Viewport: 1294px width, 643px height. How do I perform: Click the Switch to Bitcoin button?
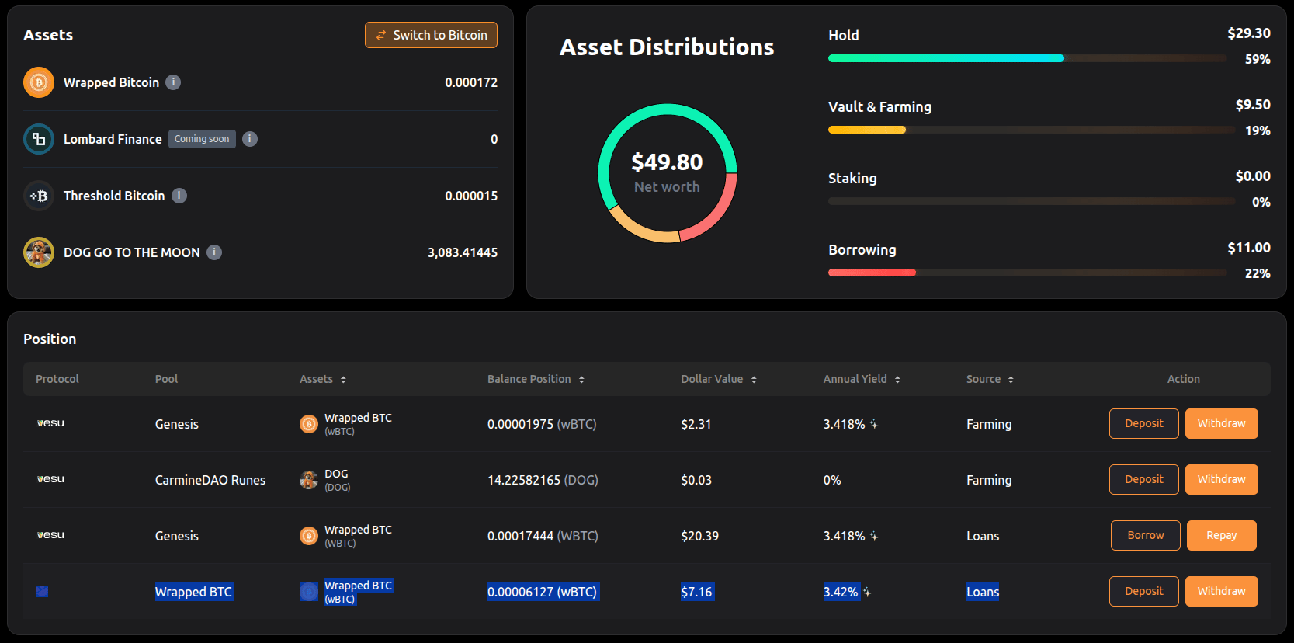(431, 35)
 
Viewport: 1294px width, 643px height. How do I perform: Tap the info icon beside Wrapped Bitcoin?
(173, 82)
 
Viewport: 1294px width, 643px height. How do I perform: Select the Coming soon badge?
(202, 139)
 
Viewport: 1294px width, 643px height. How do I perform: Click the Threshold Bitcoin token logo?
(39, 196)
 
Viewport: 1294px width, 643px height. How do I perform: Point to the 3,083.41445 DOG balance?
(462, 252)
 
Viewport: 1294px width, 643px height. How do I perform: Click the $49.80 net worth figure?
(667, 162)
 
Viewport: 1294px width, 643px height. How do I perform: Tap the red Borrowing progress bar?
(872, 273)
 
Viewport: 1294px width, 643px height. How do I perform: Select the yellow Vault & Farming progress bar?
(867, 130)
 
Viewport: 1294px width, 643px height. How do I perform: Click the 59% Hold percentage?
(1257, 59)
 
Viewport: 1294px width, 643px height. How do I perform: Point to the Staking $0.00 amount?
(1252, 176)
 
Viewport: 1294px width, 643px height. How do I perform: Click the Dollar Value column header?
(712, 379)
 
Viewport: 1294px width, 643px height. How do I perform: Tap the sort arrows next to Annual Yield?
(897, 380)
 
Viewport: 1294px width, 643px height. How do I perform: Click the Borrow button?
(1145, 536)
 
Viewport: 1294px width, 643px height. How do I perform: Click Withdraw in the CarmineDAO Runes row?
(1221, 479)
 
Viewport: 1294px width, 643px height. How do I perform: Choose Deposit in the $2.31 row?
(1144, 423)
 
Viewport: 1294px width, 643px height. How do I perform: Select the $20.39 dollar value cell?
(699, 536)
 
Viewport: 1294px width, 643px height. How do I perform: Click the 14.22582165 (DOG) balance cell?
(543, 480)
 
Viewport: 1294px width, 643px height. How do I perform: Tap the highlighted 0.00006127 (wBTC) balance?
(543, 593)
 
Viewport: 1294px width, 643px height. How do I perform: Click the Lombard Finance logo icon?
(39, 139)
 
